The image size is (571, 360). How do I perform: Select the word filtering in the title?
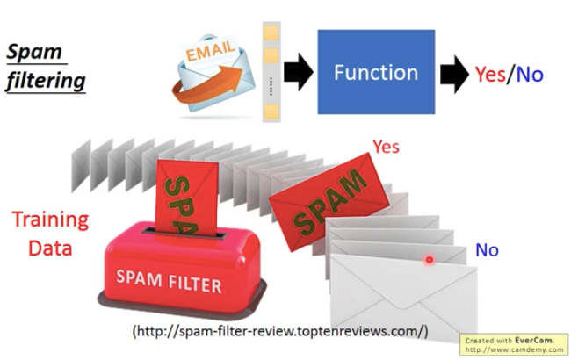point(46,82)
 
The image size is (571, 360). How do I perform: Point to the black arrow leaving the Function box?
point(454,75)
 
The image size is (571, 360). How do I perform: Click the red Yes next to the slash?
point(489,75)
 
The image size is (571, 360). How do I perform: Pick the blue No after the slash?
point(530,75)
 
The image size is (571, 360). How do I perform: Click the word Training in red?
point(51,219)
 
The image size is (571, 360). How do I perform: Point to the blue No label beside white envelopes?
point(487,250)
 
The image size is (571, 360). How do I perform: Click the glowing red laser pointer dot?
point(430,260)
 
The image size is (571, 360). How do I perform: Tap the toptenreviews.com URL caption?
point(280,331)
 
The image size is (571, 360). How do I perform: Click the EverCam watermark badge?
point(515,343)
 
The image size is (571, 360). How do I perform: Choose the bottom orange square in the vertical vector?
point(271,112)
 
